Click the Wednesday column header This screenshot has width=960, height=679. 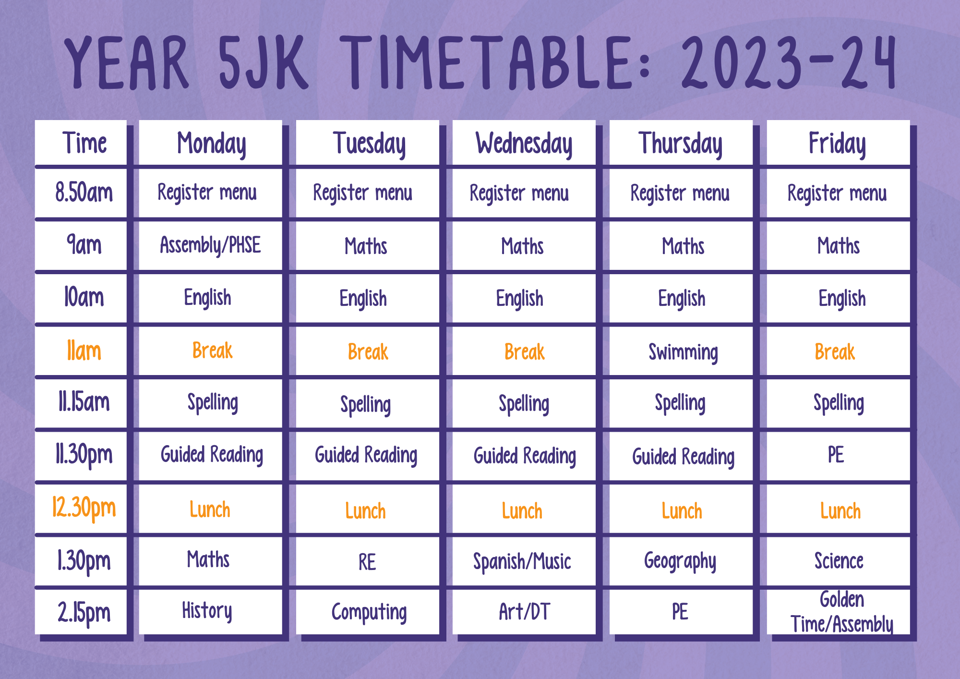(x=524, y=144)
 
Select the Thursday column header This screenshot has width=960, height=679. (x=680, y=144)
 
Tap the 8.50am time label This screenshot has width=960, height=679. (x=84, y=193)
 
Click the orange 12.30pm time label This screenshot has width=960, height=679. (x=84, y=508)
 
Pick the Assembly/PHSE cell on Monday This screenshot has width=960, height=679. (x=210, y=245)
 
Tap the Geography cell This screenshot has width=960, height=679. (x=680, y=561)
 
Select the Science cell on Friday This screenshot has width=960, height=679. (x=839, y=561)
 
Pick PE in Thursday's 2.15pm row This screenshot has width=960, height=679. (x=680, y=611)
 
